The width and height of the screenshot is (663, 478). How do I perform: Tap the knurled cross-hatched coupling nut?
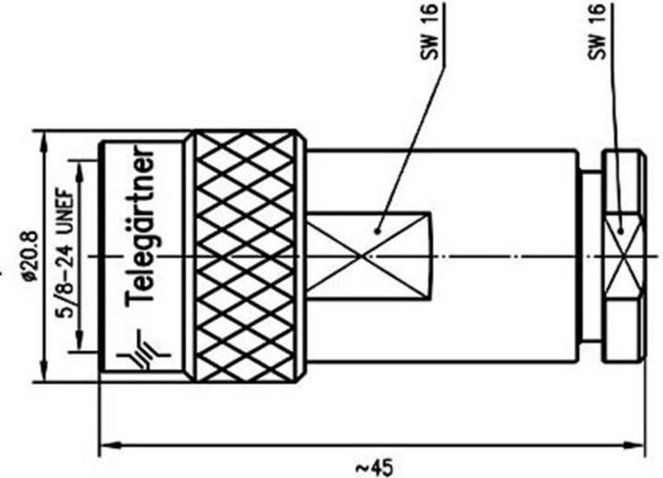(244, 255)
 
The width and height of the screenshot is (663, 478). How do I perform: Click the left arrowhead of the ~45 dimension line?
(105, 447)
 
